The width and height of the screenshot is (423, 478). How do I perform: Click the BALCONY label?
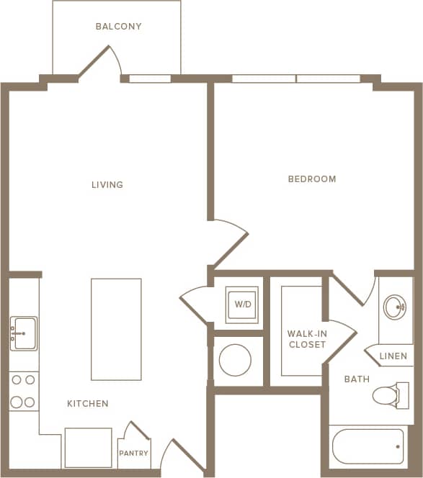pyautogui.click(x=118, y=27)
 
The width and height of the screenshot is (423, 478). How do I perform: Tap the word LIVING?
pyautogui.click(x=107, y=185)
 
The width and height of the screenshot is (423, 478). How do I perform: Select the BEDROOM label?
pyautogui.click(x=312, y=179)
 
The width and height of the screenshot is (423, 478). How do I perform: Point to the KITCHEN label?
pyautogui.click(x=88, y=404)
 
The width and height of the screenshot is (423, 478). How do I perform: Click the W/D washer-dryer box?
pyautogui.click(x=242, y=304)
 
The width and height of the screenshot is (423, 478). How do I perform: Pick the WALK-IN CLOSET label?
pyautogui.click(x=307, y=339)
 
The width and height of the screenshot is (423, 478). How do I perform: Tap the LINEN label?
pyautogui.click(x=393, y=356)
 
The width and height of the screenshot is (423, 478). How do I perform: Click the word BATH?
pyautogui.click(x=357, y=379)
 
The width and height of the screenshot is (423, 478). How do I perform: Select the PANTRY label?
pyautogui.click(x=134, y=454)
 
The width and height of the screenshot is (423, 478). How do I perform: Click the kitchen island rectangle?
pyautogui.click(x=116, y=329)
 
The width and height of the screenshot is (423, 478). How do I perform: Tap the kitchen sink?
pyautogui.click(x=24, y=333)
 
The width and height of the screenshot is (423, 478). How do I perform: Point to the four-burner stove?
pyautogui.click(x=23, y=391)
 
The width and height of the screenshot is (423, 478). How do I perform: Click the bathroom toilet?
pyautogui.click(x=390, y=395)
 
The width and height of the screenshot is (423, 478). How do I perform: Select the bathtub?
pyautogui.click(x=368, y=446)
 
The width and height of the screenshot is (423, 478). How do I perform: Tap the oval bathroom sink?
pyautogui.click(x=394, y=307)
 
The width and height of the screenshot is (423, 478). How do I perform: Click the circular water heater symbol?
pyautogui.click(x=235, y=359)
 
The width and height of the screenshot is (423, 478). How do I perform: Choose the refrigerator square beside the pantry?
pyautogui.click(x=88, y=447)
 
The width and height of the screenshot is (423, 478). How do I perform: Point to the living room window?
pyautogui.click(x=150, y=78)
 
